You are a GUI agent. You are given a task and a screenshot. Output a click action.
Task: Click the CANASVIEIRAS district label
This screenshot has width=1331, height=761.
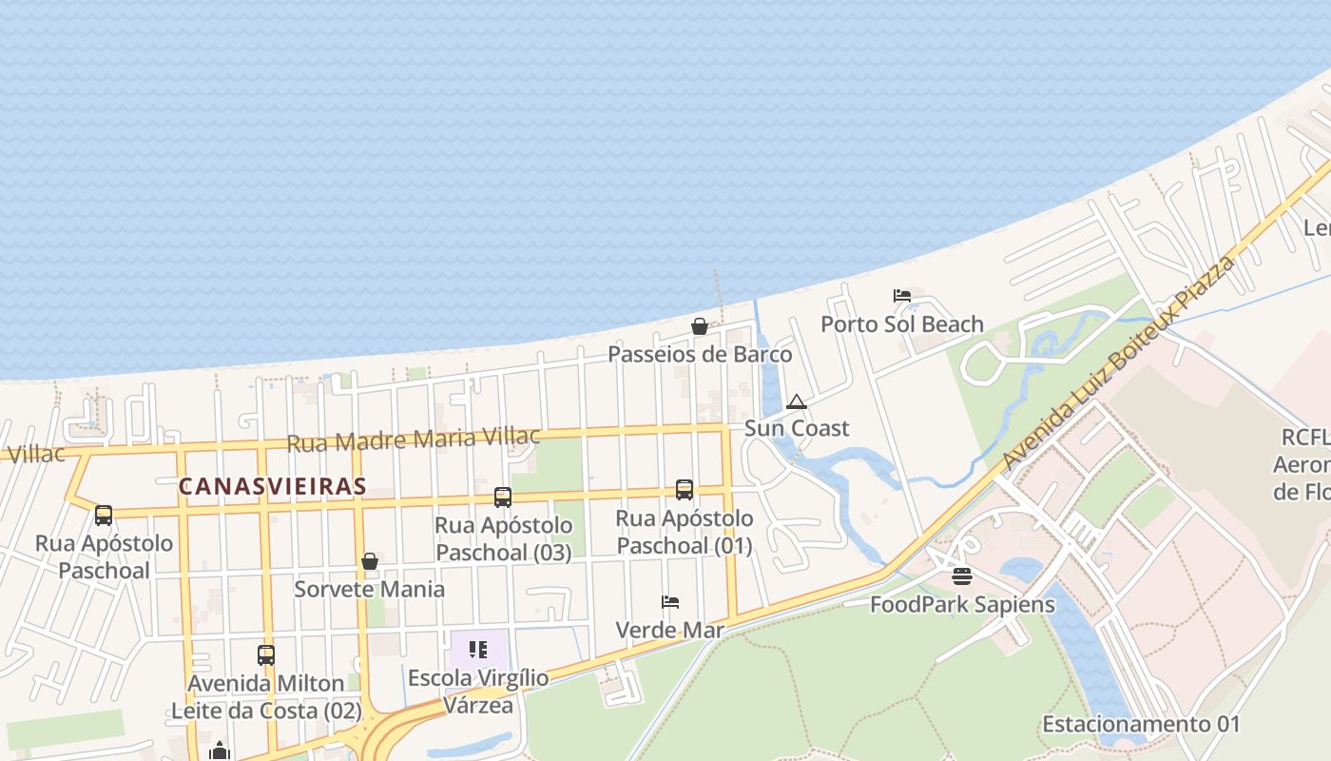pos(272,486)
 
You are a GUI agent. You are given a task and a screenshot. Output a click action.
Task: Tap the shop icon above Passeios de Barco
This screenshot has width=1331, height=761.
pos(699,326)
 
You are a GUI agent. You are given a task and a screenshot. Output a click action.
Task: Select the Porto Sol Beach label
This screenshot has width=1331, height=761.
pos(901,324)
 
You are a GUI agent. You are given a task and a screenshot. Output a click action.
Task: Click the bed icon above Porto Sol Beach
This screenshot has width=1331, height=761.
pos(901,296)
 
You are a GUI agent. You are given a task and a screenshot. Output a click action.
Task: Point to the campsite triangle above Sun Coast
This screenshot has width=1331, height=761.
pos(797,401)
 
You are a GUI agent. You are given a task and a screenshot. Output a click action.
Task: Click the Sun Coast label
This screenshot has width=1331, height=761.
pos(797,428)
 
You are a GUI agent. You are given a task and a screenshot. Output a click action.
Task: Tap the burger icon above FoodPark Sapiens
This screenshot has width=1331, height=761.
pos(962,576)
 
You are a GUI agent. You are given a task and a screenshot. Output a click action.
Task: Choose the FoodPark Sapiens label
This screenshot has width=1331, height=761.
pos(962,604)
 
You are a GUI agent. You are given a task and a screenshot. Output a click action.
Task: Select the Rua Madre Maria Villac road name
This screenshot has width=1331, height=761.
pos(414,439)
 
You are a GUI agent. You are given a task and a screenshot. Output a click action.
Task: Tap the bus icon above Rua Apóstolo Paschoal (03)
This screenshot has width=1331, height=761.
pos(503,497)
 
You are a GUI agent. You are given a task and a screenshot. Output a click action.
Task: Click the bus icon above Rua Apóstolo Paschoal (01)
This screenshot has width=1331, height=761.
pos(685,490)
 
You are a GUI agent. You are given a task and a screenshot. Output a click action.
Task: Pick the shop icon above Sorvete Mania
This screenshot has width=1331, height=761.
pos(370,561)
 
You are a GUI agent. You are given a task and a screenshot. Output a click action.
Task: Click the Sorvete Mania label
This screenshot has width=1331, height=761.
pos(369,589)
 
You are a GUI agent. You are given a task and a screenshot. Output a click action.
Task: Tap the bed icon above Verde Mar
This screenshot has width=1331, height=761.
pos(670,602)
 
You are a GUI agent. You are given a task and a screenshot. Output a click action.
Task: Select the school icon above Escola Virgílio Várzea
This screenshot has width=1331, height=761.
pos(478,650)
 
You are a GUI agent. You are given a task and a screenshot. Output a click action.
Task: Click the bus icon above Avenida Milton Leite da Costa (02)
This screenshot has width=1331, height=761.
pos(266,654)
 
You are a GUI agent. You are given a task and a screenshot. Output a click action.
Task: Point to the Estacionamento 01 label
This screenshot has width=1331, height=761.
pos(1141,724)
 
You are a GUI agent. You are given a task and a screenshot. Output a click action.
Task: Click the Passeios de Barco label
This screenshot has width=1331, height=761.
pos(699,355)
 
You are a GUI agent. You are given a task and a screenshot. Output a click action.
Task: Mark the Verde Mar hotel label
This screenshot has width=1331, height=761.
pos(670,630)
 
